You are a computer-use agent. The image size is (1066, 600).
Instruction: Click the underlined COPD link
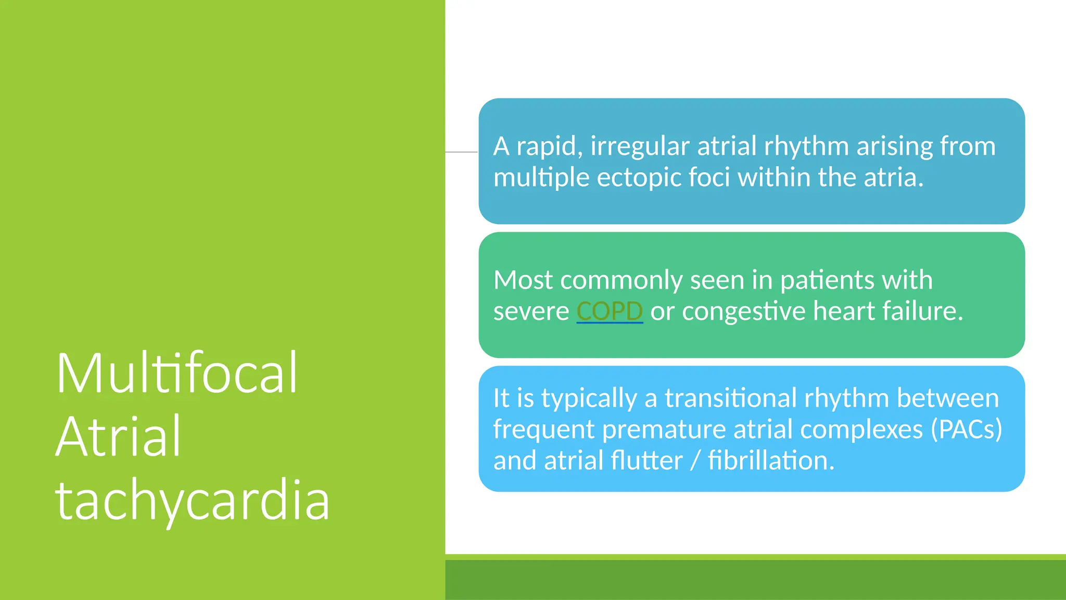tap(610, 311)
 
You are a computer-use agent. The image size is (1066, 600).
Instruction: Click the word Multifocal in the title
tap(176, 373)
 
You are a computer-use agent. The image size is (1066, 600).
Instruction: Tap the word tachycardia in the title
tap(192, 500)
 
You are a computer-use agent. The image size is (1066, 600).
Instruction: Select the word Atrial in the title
tap(118, 436)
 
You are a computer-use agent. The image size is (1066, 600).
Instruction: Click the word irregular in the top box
tap(640, 146)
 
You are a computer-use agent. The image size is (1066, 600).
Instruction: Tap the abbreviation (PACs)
tap(966, 429)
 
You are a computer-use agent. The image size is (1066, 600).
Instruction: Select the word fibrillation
tap(771, 460)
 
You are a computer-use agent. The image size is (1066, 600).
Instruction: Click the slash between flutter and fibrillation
tap(694, 460)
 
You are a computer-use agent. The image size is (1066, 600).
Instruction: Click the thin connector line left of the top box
tap(461, 152)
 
